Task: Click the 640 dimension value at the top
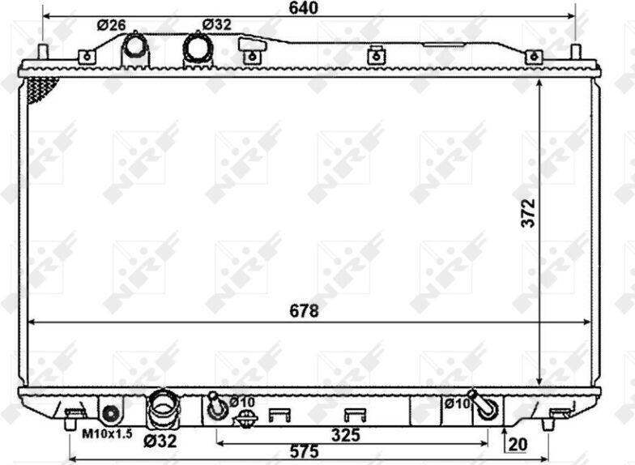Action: (x=303, y=8)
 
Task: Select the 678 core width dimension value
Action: (x=305, y=311)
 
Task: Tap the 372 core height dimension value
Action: (x=528, y=213)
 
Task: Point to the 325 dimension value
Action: (x=345, y=435)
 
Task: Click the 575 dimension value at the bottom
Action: (x=305, y=451)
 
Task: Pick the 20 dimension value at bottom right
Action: (x=518, y=444)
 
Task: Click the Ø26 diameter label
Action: (x=112, y=25)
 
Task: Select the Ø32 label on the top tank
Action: (x=217, y=24)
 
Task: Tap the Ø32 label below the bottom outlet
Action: (x=160, y=441)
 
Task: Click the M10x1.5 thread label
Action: (x=107, y=434)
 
